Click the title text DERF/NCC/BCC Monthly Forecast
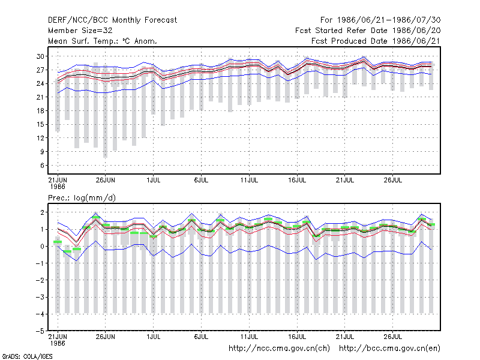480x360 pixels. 112,20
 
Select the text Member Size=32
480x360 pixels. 80,31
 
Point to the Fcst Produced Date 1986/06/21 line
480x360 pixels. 376,41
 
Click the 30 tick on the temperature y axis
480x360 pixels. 40,56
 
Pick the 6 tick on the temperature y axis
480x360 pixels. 42,166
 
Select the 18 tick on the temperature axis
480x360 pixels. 40,111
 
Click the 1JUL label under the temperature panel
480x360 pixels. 154,180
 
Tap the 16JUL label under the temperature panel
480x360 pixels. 297,180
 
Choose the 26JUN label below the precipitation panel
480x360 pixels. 106,337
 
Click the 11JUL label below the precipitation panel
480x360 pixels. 249,337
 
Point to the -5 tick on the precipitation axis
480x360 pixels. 40,331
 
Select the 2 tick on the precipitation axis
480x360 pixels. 42,212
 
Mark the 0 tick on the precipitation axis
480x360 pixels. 42,247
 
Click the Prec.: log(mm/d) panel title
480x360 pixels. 82,198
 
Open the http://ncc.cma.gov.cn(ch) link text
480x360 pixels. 279,349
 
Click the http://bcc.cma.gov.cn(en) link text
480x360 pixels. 389,349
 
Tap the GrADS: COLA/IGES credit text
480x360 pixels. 27,356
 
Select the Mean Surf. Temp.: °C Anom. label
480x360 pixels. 103,41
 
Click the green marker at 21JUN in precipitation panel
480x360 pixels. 58,242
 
